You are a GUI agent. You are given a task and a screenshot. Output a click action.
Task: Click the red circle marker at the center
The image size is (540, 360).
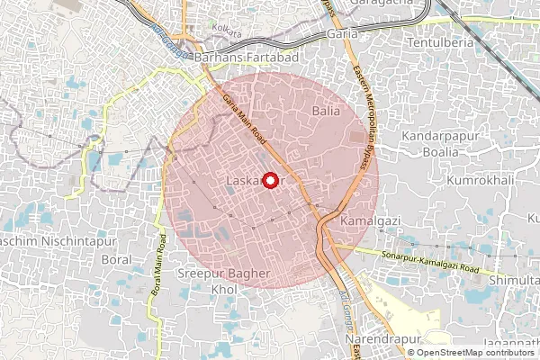[267, 179]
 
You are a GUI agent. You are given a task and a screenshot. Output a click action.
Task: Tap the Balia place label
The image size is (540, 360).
[325, 111]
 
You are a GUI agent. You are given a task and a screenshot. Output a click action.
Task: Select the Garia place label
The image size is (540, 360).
[341, 34]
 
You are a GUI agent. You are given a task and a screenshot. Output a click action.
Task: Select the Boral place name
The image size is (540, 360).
[118, 260]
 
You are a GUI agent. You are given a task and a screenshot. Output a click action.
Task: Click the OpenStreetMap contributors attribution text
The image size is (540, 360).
[469, 353]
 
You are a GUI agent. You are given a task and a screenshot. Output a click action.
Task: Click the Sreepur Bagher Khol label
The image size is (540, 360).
[222, 279]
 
